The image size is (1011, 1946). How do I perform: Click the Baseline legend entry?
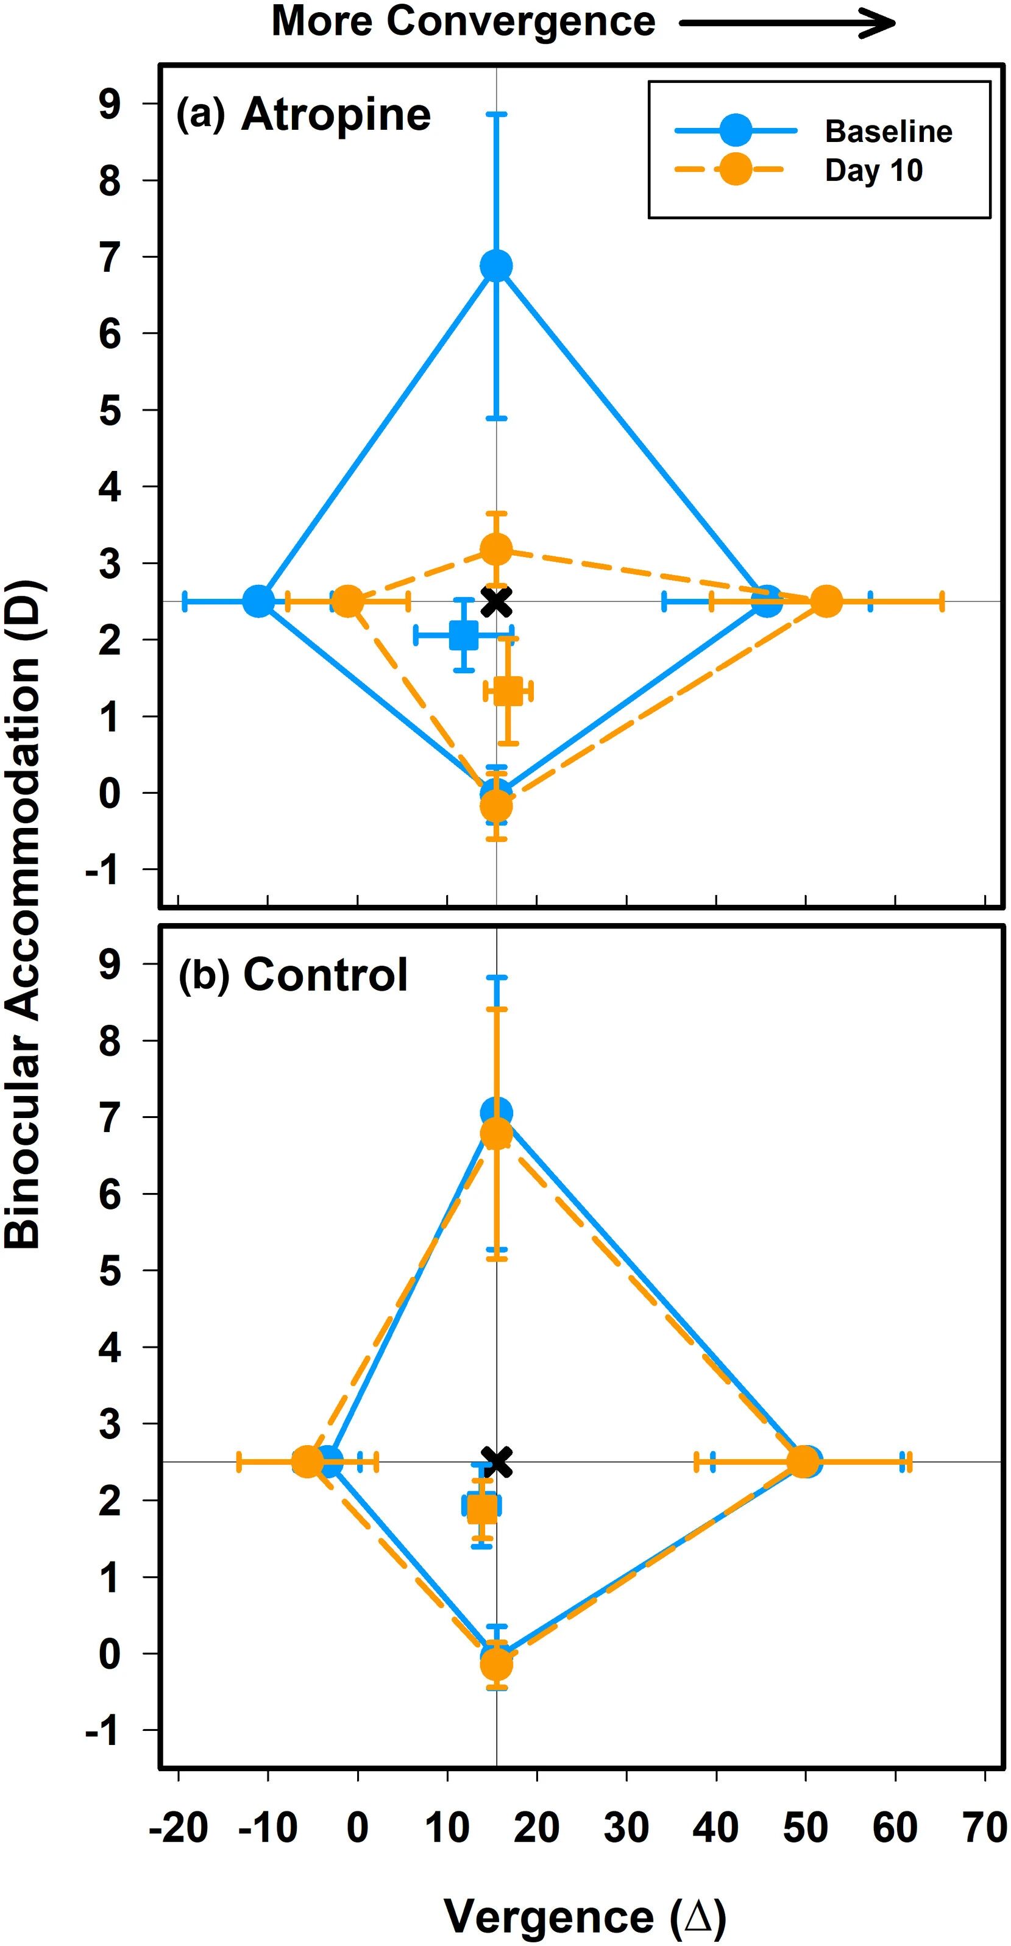(x=888, y=132)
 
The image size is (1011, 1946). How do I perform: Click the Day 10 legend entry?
(x=873, y=170)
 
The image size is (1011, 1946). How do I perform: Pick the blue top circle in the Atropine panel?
(x=497, y=265)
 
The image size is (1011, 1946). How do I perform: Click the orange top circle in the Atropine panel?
(x=497, y=548)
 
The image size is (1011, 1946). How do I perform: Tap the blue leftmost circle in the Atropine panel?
(x=258, y=601)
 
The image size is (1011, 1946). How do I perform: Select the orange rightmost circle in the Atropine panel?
(x=826, y=601)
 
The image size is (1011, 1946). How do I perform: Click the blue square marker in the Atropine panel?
(x=463, y=635)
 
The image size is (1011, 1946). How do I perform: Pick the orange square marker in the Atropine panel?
(x=508, y=690)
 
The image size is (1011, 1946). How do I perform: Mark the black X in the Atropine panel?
(x=497, y=601)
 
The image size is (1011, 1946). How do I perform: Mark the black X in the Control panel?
(x=497, y=1461)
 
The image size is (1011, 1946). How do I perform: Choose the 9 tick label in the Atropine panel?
(x=110, y=104)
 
